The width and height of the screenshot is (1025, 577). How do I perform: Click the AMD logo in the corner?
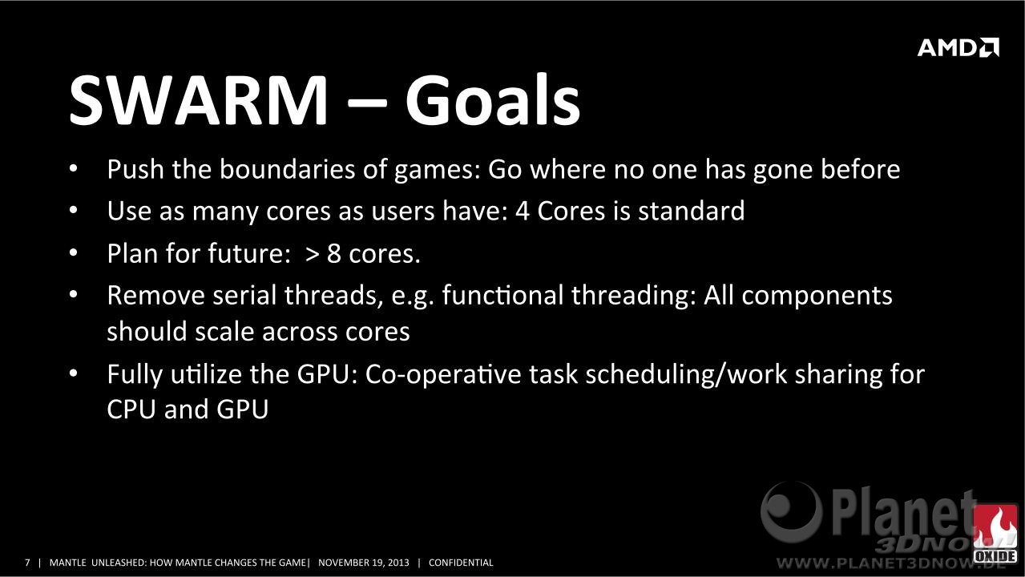tap(958, 47)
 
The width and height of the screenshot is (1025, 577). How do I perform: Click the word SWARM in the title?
tap(199, 99)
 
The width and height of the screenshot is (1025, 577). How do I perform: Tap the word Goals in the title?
tap(493, 99)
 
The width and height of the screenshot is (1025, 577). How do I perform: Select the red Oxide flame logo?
tap(995, 534)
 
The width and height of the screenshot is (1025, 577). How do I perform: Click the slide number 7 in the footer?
tap(27, 563)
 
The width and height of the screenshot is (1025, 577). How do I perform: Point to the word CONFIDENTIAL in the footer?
tap(461, 563)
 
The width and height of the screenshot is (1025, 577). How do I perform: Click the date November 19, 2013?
tap(364, 563)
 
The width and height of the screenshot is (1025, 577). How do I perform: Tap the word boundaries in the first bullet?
tap(288, 169)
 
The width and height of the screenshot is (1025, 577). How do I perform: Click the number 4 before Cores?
tap(522, 212)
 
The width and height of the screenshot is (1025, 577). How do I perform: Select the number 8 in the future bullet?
tap(333, 253)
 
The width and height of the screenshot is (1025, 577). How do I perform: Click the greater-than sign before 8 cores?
tap(312, 254)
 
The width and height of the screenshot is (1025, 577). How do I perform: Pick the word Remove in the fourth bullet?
tap(155, 295)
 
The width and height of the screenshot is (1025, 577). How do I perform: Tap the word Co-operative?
tap(443, 375)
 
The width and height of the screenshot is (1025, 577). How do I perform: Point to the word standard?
tap(692, 211)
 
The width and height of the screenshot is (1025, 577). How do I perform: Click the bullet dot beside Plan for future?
tap(74, 252)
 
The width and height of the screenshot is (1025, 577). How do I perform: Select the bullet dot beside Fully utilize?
tap(74, 373)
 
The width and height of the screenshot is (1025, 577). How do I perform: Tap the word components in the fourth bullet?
tap(817, 296)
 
